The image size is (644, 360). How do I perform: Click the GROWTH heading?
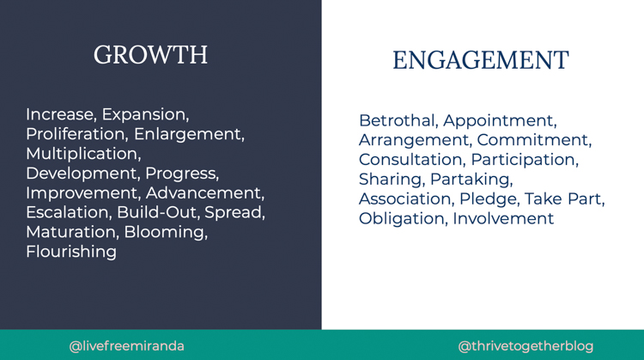[x=150, y=55]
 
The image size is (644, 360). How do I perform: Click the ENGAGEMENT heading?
[x=481, y=60]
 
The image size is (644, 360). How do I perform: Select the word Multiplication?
[x=83, y=154]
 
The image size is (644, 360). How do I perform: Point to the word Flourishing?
[x=71, y=252]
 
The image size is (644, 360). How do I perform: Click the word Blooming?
[x=166, y=232]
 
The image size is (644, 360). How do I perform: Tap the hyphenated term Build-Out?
[x=156, y=212]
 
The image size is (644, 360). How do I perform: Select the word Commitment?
[x=534, y=140]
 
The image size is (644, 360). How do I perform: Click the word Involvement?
[x=503, y=218]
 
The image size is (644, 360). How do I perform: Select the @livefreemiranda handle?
[x=126, y=346]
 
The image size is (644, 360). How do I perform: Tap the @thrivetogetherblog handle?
[x=526, y=346]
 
